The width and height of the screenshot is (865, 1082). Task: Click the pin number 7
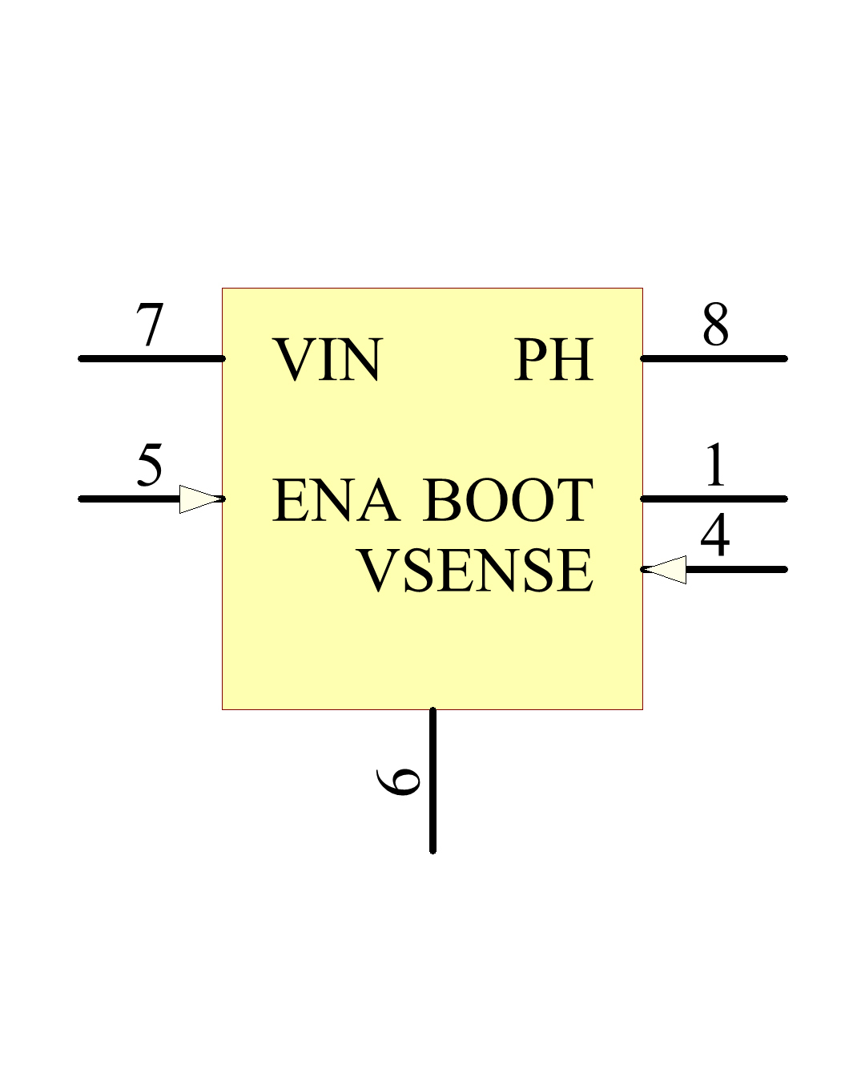tap(150, 325)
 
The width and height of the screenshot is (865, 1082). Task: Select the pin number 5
tap(150, 464)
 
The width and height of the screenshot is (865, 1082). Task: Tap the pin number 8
tap(715, 325)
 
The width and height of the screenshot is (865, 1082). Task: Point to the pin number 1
tap(715, 465)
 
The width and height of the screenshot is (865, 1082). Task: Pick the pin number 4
tap(715, 535)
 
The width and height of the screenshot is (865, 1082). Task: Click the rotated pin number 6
tap(399, 781)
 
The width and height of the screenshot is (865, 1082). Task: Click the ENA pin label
tap(336, 500)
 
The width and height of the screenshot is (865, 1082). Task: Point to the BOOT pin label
tap(508, 500)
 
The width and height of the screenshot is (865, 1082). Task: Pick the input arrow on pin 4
tap(666, 569)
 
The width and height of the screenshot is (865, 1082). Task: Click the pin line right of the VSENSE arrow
tap(737, 569)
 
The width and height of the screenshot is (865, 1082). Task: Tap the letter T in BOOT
tap(574, 500)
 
